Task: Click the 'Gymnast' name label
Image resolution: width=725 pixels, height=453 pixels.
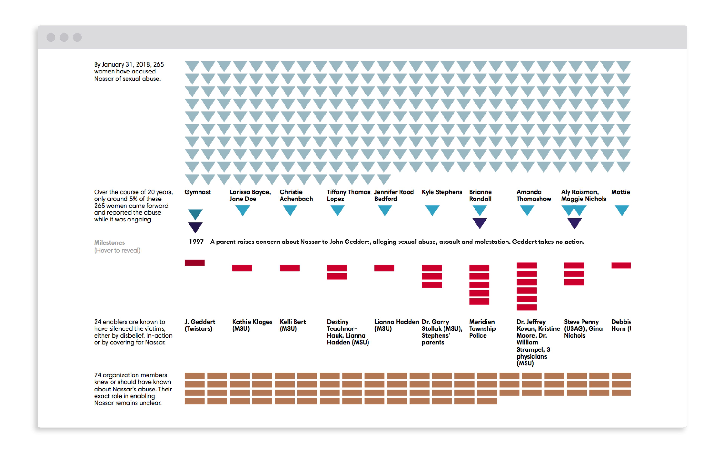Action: [197, 192]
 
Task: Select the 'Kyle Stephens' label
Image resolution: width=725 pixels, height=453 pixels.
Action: [442, 192]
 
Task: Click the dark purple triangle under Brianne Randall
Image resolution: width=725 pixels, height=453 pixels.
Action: [479, 223]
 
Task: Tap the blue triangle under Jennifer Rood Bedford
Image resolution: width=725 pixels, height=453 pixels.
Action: [385, 210]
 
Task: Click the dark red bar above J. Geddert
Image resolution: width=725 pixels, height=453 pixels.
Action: [195, 263]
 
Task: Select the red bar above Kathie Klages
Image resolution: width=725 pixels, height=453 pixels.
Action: [242, 268]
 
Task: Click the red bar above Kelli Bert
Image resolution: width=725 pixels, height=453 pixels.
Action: [289, 268]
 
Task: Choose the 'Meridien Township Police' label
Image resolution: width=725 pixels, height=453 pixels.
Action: [482, 328]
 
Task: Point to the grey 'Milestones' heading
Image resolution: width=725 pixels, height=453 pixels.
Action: [109, 242]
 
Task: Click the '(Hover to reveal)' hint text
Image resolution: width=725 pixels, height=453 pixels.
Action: [117, 250]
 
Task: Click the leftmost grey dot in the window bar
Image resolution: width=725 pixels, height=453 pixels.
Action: [51, 37]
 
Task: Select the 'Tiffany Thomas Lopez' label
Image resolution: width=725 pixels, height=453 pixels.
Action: [348, 195]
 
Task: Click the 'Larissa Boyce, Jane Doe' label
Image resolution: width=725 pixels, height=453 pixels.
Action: [250, 195]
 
